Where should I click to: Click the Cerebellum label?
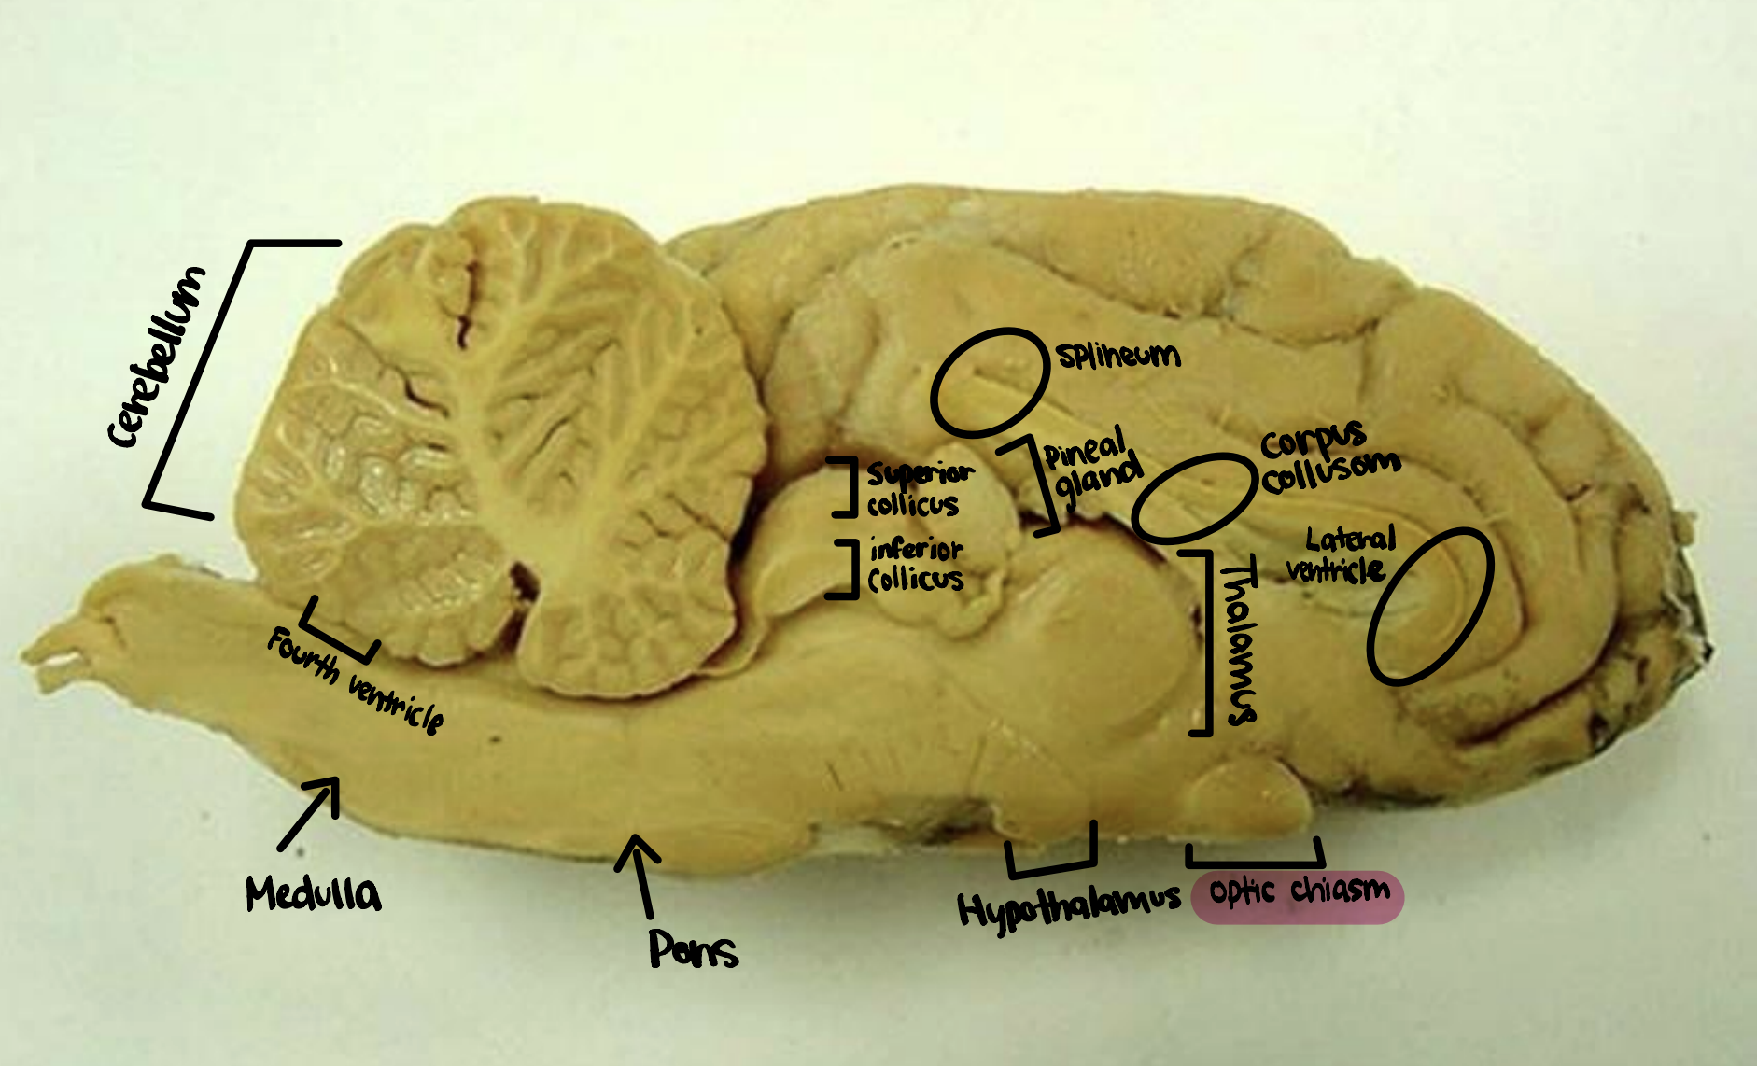[156, 357]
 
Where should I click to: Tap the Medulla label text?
[313, 894]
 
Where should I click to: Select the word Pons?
[693, 950]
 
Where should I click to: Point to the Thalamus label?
[1239, 644]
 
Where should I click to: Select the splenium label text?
[1118, 355]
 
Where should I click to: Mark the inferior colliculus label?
[915, 565]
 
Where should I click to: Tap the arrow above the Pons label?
[640, 873]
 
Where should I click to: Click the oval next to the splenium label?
[990, 383]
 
